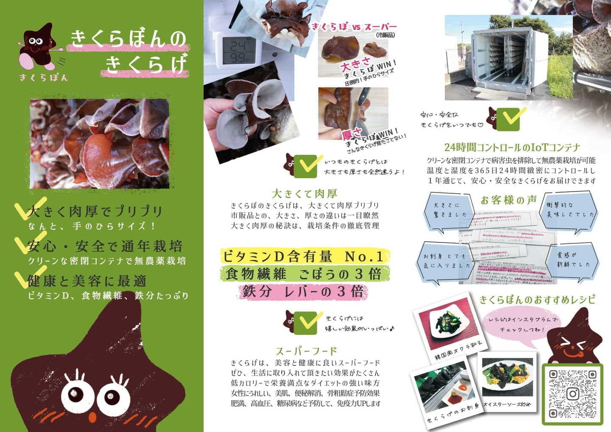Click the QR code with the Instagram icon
tap(572, 393)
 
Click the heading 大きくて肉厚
tap(304, 194)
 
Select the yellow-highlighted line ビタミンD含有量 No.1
tap(303, 256)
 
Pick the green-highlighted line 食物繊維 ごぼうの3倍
tap(303, 274)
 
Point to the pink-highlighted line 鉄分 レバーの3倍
tap(303, 292)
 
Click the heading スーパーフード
tap(306, 351)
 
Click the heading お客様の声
tap(509, 200)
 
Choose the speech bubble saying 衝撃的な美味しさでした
tap(570, 210)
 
